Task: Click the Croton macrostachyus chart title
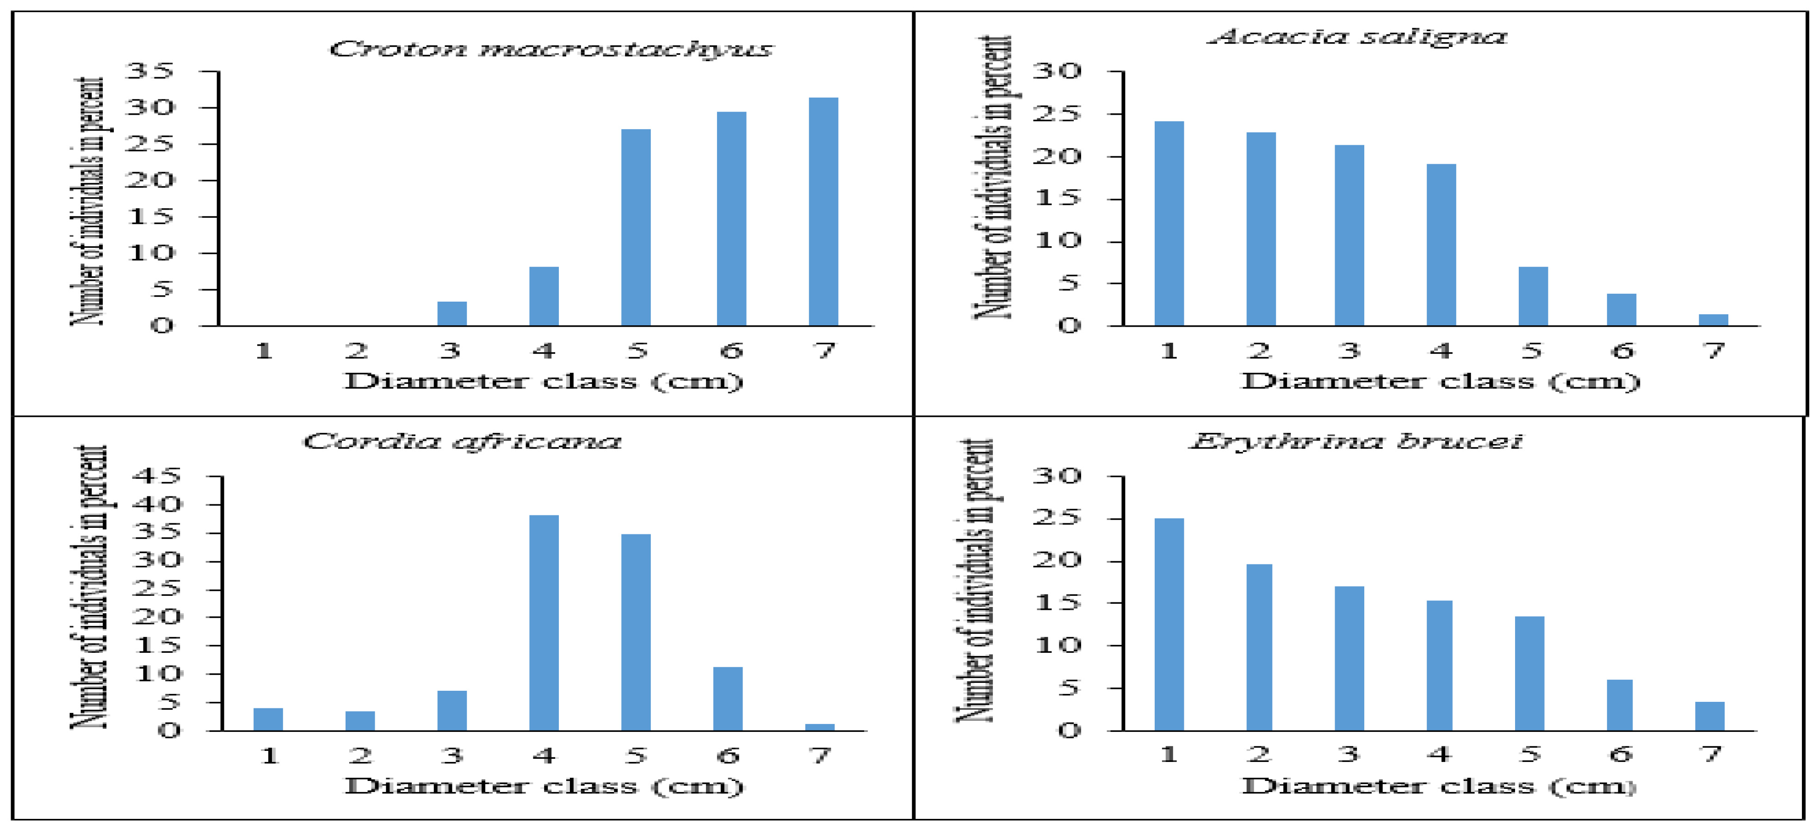551,49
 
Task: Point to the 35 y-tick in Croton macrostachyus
149,71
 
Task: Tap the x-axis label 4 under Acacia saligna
1441,350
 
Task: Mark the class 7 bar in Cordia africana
819,726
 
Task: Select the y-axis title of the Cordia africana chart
90,586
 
